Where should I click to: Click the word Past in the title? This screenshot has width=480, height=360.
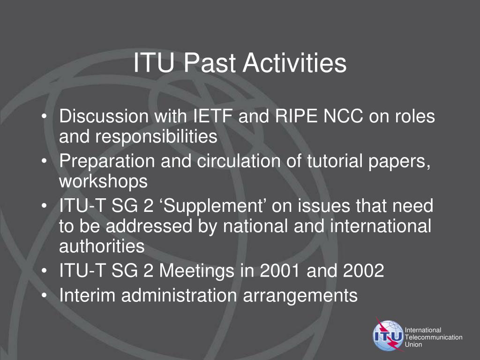click(x=210, y=63)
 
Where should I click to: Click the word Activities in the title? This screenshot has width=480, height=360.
click(x=294, y=63)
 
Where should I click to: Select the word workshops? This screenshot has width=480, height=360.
click(x=104, y=181)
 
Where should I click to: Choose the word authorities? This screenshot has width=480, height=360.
click(x=102, y=246)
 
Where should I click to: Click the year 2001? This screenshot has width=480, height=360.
click(x=280, y=270)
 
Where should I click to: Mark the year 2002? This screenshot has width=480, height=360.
click(x=364, y=270)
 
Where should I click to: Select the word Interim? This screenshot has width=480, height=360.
click(x=87, y=295)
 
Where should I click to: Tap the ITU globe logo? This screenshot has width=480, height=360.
click(x=388, y=335)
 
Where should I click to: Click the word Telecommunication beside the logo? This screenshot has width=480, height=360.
click(x=434, y=337)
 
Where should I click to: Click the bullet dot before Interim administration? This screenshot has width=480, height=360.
click(x=45, y=296)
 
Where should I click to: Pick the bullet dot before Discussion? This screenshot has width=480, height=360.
click(x=45, y=117)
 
